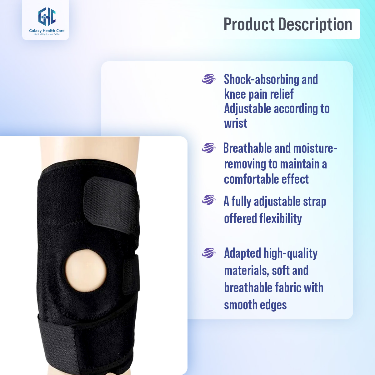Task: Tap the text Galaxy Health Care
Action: click(x=47, y=31)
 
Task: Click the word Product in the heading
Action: click(x=249, y=24)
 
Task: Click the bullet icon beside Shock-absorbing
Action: click(x=208, y=79)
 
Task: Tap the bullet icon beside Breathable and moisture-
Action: click(x=208, y=147)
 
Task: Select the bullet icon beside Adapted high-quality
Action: click(x=208, y=252)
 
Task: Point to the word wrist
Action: click(x=236, y=123)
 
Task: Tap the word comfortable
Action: click(x=251, y=179)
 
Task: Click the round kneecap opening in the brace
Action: click(x=86, y=271)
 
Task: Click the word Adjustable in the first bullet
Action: click(x=247, y=109)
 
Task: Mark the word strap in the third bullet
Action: click(x=314, y=202)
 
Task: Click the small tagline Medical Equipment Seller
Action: click(x=47, y=34)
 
